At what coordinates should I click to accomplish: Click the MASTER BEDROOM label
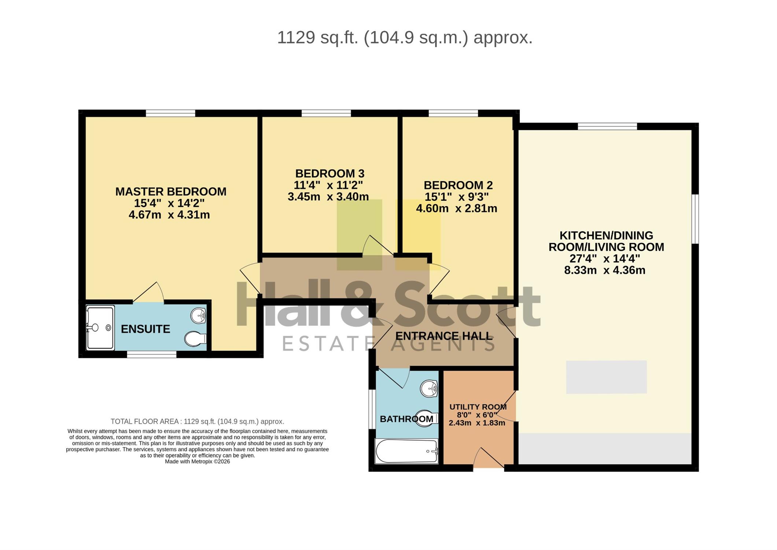tap(171, 191)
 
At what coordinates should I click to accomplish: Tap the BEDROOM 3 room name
tap(330, 173)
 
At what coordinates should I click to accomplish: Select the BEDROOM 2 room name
tap(458, 185)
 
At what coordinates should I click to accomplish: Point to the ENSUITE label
tap(146, 329)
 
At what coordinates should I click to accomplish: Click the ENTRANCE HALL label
tap(443, 336)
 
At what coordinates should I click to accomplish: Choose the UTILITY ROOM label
tap(478, 407)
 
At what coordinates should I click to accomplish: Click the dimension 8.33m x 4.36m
tap(605, 270)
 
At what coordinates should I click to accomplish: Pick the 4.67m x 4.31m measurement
tap(169, 215)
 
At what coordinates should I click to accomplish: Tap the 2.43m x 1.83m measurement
tap(477, 423)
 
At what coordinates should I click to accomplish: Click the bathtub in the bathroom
tap(407, 451)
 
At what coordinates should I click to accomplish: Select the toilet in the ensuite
tap(195, 339)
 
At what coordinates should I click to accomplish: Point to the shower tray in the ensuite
tap(100, 328)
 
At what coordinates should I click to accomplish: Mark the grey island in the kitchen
tap(606, 377)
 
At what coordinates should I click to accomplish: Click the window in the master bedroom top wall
tap(170, 113)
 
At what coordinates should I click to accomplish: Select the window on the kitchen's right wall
tap(695, 219)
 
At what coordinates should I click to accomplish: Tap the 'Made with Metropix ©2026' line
tap(197, 462)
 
